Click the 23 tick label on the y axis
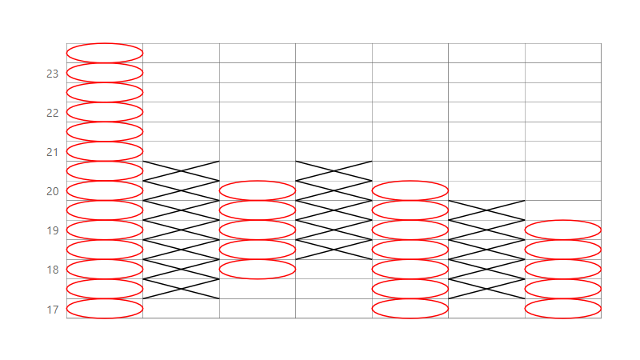pos(53,74)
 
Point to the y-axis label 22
pos(53,113)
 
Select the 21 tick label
pos(53,152)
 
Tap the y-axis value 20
pos(53,191)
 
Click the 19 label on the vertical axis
pos(53,230)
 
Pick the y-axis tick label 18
pos(53,270)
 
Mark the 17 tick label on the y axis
pos(53,309)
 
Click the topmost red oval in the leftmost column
pos(105,53)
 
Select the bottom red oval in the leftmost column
pos(105,308)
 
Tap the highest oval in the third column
pos(258,190)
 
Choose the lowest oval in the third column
pos(258,269)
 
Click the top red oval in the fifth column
pos(410,190)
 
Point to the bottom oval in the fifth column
pos(410,308)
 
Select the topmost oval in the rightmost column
pos(563,230)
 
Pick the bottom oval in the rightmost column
pos(563,308)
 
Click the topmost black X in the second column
pos(182,170)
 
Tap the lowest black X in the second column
pos(182,288)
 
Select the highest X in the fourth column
pos(334,170)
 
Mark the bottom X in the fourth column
pos(334,249)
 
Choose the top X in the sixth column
pos(487,210)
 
